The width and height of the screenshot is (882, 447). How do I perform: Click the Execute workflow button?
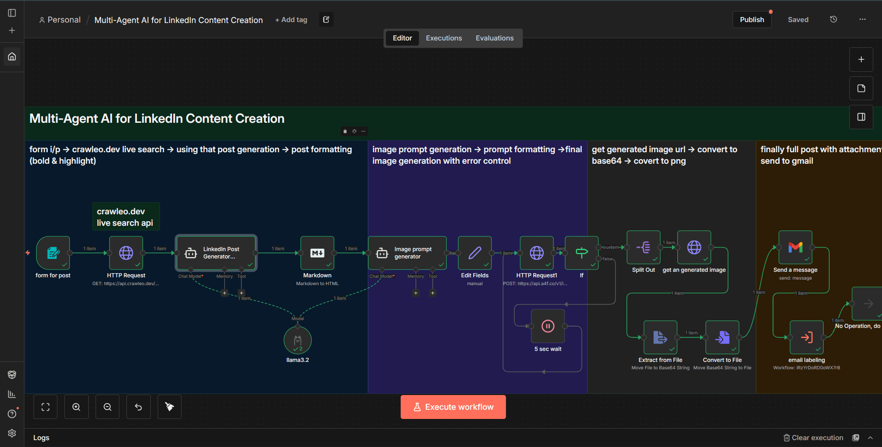click(x=453, y=407)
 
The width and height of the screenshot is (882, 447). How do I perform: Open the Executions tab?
click(x=444, y=38)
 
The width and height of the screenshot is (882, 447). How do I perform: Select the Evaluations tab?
click(x=495, y=38)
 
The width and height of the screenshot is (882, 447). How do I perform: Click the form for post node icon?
click(x=53, y=252)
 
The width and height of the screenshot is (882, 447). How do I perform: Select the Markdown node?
click(x=317, y=252)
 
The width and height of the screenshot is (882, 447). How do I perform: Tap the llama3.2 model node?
click(x=298, y=340)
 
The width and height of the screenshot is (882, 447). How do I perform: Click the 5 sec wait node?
click(x=548, y=326)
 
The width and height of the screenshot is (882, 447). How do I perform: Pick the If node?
click(x=581, y=252)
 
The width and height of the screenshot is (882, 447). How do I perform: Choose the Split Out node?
click(x=643, y=247)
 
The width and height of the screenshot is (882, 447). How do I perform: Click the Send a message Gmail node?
click(x=795, y=247)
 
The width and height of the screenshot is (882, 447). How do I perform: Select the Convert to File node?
click(x=722, y=338)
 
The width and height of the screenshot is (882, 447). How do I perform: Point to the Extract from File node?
click(x=660, y=338)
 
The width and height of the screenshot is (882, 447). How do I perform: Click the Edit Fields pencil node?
click(x=475, y=252)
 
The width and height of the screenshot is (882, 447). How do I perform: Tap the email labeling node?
click(x=806, y=338)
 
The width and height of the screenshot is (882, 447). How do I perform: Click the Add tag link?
click(x=291, y=20)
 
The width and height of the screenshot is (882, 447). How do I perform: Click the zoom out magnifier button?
click(x=108, y=407)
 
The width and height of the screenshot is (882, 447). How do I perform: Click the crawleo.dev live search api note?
click(x=125, y=217)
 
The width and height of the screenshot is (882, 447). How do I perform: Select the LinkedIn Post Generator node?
click(x=216, y=252)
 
